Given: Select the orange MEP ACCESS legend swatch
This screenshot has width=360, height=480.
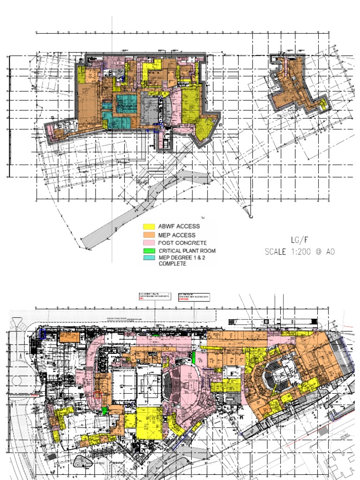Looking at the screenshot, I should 149,235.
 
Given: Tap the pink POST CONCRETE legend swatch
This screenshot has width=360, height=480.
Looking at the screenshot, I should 149,243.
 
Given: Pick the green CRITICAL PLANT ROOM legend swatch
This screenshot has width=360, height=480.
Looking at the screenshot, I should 149,251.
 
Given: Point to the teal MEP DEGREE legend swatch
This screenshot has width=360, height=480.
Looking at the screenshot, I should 149,258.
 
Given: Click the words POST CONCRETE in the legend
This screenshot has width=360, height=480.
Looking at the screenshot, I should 182,243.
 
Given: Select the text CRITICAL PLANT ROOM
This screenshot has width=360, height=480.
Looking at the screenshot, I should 187,251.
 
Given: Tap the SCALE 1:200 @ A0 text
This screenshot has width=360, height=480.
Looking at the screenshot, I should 300,251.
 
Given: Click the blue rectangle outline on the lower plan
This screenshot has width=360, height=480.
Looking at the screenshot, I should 43,333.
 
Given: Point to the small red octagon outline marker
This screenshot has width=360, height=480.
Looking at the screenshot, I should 97,395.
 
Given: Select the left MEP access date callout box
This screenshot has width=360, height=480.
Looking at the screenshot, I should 155,296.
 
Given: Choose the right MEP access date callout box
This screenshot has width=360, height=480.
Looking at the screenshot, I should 194,297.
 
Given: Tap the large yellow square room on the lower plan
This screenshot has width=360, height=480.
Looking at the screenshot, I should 149,422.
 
